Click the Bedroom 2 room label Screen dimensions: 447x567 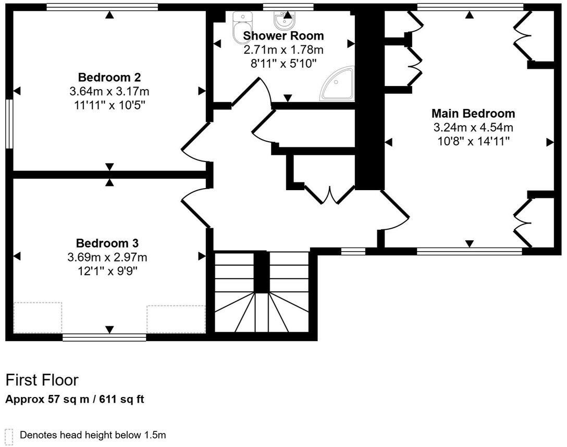tap(109, 78)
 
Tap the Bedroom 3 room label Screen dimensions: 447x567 tap(107, 243)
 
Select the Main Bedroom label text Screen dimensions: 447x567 tap(473, 114)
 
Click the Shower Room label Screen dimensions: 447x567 tap(283, 36)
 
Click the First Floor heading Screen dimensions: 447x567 tap(42, 380)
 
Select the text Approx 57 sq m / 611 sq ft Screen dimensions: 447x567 tap(75, 400)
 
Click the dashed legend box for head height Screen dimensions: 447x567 tap(9, 435)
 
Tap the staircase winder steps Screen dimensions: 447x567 tap(262, 313)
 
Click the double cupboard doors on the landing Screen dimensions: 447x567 tap(329, 195)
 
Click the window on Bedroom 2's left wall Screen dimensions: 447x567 tap(9, 123)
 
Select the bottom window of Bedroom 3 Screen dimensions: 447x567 tap(104, 337)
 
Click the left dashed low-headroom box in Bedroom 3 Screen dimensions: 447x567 tap(38, 317)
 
